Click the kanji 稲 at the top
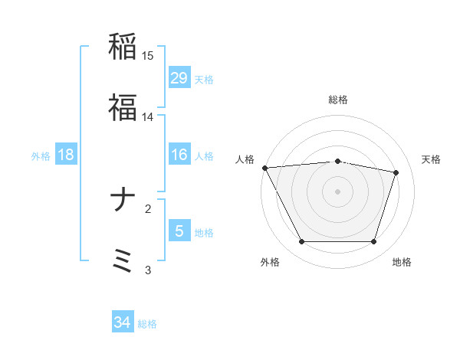[x=123, y=47]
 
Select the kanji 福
[x=123, y=107]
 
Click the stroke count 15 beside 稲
[x=148, y=56]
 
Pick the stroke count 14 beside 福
[x=148, y=117]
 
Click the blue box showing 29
[x=179, y=77]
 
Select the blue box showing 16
[x=179, y=155]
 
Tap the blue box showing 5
[x=179, y=231]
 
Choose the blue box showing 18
[x=66, y=155]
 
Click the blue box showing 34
[x=123, y=322]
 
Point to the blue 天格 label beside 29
[x=204, y=80]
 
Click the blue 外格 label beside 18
[x=41, y=156]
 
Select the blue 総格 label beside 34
[x=147, y=324]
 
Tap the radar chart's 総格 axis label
[x=337, y=100]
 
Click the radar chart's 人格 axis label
[x=245, y=159]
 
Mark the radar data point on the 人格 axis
[x=264, y=168]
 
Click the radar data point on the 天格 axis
[x=396, y=172]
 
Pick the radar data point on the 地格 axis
[x=374, y=242]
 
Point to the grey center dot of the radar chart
[x=337, y=191]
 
